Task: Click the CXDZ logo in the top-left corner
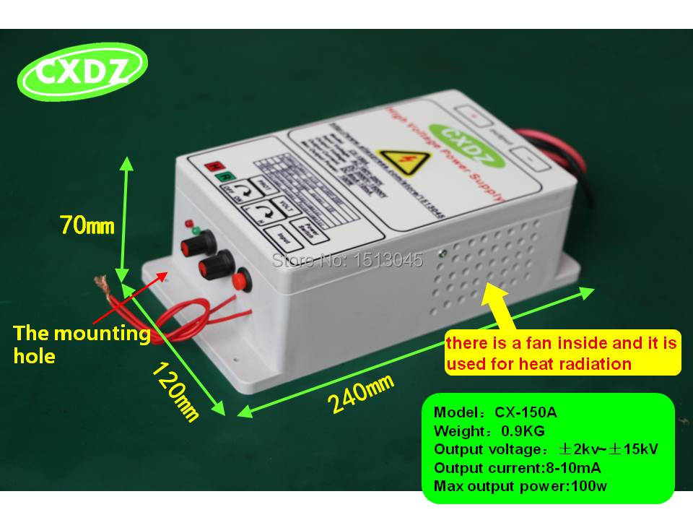pyautogui.click(x=84, y=73)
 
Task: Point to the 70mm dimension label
pyautogui.click(x=87, y=225)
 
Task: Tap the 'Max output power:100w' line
pyautogui.click(x=520, y=485)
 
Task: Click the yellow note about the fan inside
pyautogui.click(x=562, y=353)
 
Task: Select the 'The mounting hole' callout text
pyautogui.click(x=81, y=344)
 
